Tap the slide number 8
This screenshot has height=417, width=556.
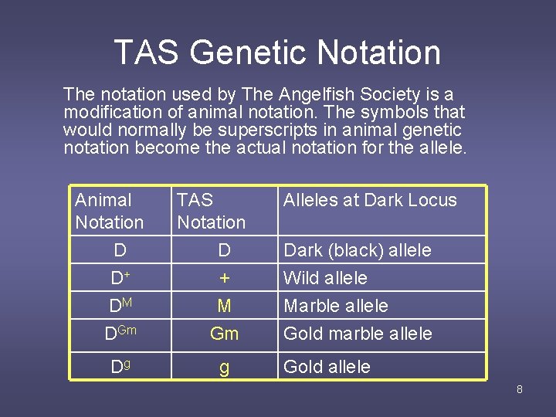[x=519, y=389]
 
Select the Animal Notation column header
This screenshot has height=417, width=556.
[x=109, y=211]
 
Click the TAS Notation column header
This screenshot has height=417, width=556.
[x=211, y=211]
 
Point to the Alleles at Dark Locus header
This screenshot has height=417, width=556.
[x=370, y=200]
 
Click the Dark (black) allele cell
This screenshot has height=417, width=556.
[x=358, y=250]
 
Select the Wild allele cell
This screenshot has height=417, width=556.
[x=325, y=278]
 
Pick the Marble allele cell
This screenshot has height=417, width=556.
[x=336, y=306]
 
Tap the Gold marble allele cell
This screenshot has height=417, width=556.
[x=358, y=334]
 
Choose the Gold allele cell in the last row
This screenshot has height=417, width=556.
[x=327, y=367]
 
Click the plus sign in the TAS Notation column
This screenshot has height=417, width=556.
[x=224, y=278]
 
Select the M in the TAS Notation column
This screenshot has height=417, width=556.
[x=224, y=306]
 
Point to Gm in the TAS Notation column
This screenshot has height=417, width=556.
[x=224, y=334]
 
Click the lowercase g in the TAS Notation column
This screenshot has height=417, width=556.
[x=224, y=368]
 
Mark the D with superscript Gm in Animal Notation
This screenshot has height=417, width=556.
[x=120, y=334]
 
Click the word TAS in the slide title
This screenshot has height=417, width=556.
[x=146, y=53]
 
